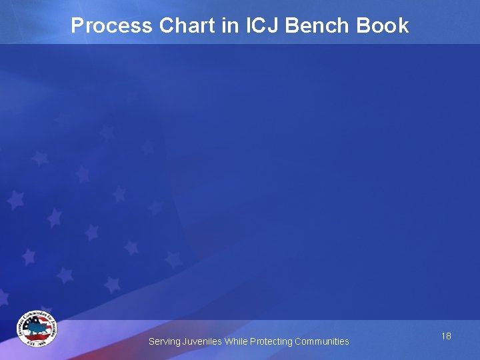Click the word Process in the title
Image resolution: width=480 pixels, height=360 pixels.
pyautogui.click(x=112, y=26)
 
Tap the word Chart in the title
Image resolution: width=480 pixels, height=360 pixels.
pyautogui.click(x=186, y=26)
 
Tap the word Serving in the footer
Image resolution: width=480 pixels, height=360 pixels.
pyautogui.click(x=164, y=342)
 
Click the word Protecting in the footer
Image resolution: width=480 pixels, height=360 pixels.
pyautogui.click(x=271, y=342)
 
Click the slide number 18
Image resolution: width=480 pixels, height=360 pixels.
pyautogui.click(x=446, y=336)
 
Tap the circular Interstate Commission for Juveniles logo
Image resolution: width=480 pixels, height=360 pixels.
pyautogui.click(x=37, y=329)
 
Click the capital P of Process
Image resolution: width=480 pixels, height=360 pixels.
pyautogui.click(x=77, y=26)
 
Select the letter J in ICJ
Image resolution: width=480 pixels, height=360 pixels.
pyautogui.click(x=277, y=26)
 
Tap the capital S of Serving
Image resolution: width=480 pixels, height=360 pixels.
pyautogui.click(x=151, y=341)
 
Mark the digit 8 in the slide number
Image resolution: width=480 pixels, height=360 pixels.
pyautogui.click(x=449, y=336)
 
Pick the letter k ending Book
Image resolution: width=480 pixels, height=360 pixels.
pyautogui.click(x=403, y=26)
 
